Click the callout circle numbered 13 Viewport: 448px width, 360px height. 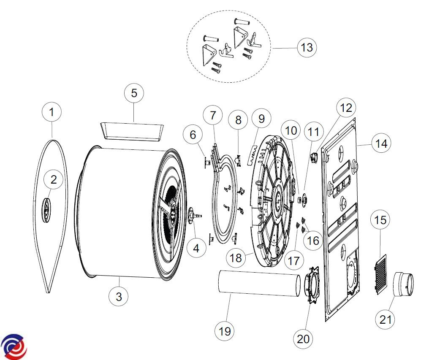(307, 47)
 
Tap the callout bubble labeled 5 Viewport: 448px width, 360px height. (134, 93)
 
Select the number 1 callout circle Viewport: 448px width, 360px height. (52, 113)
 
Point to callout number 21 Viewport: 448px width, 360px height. (386, 319)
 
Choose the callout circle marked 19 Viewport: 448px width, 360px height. (225, 331)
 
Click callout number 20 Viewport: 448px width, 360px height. (304, 338)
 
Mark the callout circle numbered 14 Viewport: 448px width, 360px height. (381, 143)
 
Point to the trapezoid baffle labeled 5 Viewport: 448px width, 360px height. (132, 131)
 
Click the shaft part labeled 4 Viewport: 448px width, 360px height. (193, 216)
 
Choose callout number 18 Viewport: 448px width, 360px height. (236, 257)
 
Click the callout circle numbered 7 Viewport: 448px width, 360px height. (213, 115)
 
